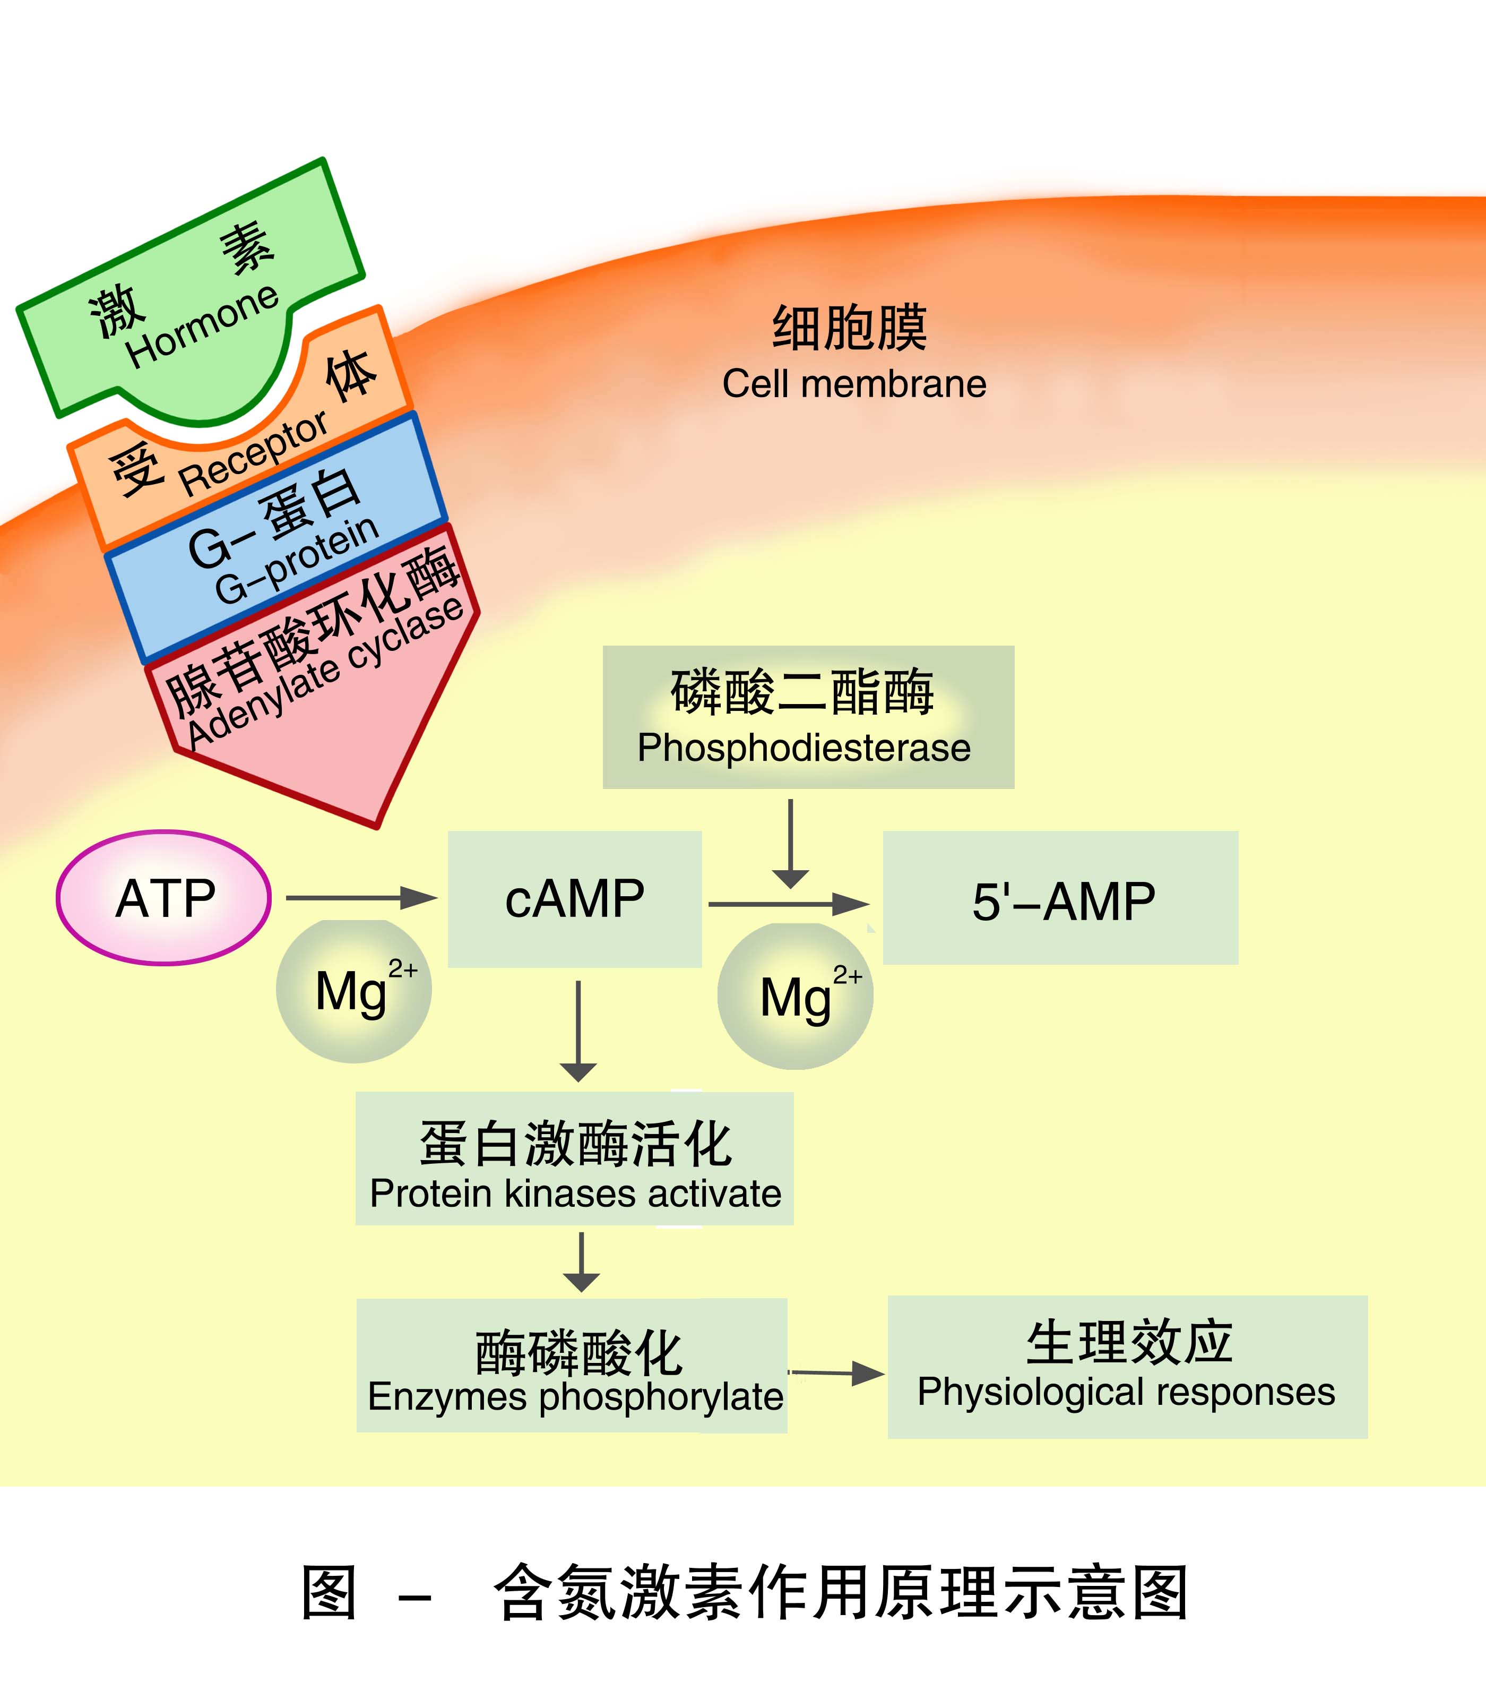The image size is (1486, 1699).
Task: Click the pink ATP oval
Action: tap(164, 898)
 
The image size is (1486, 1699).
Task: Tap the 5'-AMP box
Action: tap(1060, 898)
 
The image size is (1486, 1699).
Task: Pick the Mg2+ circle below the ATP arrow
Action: tap(354, 991)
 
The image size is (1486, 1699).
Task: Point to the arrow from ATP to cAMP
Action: tap(361, 898)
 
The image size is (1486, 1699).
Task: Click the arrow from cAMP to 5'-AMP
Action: tap(788, 904)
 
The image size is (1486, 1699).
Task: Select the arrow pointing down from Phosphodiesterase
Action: tap(790, 842)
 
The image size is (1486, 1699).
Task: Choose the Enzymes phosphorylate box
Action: tap(572, 1366)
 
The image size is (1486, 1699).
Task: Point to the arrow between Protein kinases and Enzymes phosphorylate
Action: tap(581, 1261)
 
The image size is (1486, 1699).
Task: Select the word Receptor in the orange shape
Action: tap(254, 454)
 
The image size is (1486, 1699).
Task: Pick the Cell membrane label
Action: tap(854, 384)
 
